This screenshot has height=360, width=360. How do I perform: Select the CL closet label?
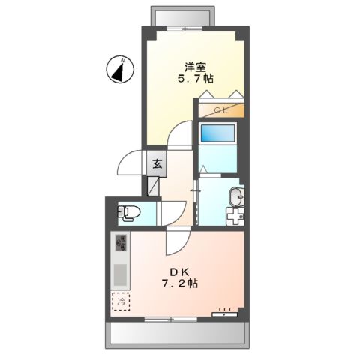click(221, 111)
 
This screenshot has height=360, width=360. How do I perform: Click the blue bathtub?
click(217, 133)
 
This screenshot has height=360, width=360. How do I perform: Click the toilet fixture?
click(125, 212)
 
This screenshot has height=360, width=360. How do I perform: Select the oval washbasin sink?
click(235, 197)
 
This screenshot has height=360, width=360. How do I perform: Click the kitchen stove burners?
click(120, 243)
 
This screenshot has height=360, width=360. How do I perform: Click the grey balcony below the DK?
click(177, 332)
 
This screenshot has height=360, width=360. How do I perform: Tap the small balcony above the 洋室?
click(190, 16)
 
